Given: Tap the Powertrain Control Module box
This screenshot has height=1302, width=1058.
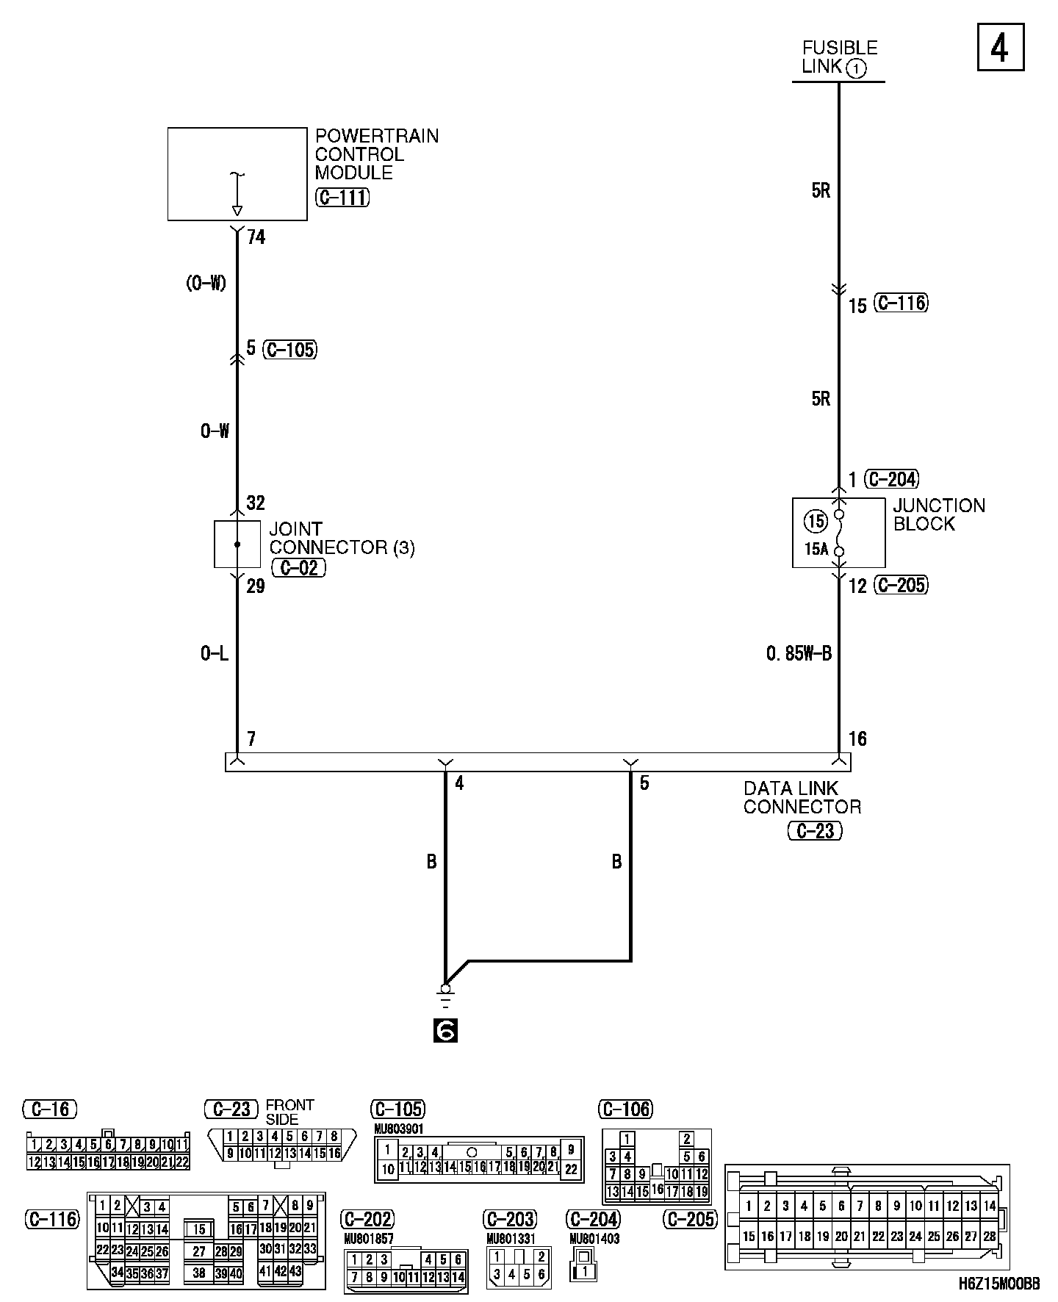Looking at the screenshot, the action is coord(237,174).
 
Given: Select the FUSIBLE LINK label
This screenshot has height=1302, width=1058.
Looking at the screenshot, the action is coord(839,57).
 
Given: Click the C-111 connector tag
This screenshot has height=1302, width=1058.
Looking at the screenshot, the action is coord(342,198).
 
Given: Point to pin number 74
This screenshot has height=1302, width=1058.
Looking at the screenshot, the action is coord(256,237).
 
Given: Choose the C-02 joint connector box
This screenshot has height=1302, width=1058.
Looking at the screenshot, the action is coord(237,544).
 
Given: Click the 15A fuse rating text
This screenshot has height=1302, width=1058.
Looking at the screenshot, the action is coord(816,549).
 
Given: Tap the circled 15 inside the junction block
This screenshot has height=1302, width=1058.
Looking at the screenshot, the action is coord(816,522).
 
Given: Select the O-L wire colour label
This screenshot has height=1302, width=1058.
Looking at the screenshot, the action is coord(215,653).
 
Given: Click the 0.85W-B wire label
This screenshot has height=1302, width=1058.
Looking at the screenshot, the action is coord(799,653).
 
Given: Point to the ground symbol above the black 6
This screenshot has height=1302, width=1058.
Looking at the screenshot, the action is coord(445,996).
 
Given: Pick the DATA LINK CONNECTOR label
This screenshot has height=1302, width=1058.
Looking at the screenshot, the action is coord(802,798).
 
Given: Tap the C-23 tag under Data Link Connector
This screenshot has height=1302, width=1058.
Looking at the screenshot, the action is coord(815,831).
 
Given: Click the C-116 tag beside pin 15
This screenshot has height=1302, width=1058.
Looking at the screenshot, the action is coord(902,303).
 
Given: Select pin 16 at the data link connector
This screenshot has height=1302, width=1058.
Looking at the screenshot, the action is coord(857,739).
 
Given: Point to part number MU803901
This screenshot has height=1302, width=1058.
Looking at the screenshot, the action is coord(399,1129).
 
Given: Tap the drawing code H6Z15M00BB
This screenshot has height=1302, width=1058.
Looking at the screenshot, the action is coord(998,1284).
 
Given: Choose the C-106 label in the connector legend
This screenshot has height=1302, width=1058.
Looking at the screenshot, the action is coord(626,1109).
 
